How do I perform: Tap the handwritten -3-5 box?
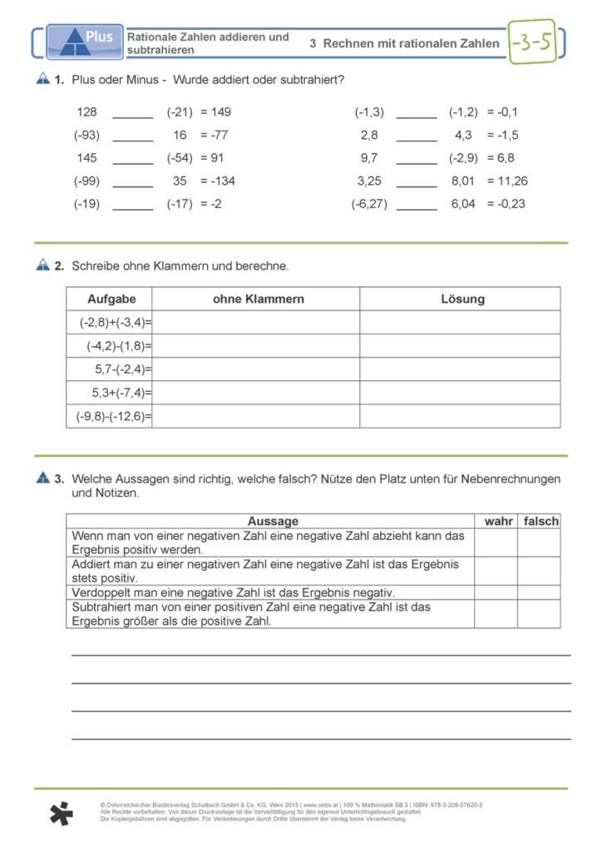click(532, 42)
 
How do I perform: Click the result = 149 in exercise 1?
click(215, 112)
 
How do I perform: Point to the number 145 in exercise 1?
click(86, 158)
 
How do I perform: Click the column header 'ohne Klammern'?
click(258, 299)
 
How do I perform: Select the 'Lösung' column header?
click(462, 299)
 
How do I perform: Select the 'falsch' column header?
click(540, 522)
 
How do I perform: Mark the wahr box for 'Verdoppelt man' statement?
click(496, 592)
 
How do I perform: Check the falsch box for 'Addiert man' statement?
click(539, 571)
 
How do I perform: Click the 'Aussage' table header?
click(272, 522)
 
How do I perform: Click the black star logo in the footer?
click(61, 813)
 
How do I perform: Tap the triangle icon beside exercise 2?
click(44, 266)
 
